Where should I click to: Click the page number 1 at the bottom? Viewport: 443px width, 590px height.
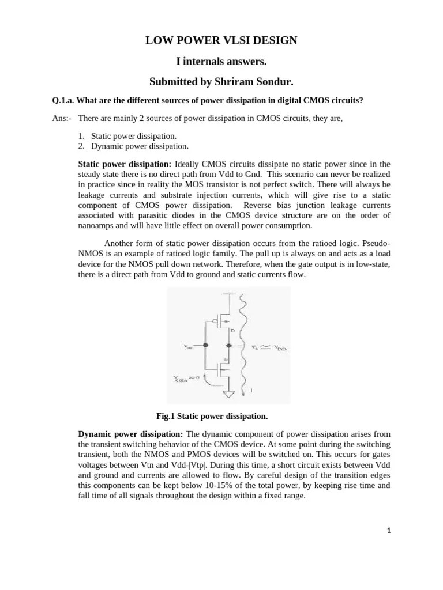click(389, 531)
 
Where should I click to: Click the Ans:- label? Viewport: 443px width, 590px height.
click(62, 118)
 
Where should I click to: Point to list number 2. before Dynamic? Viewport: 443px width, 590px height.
click(82, 146)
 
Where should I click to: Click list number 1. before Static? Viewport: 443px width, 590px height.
click(82, 136)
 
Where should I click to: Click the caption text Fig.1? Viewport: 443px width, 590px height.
click(166, 415)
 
